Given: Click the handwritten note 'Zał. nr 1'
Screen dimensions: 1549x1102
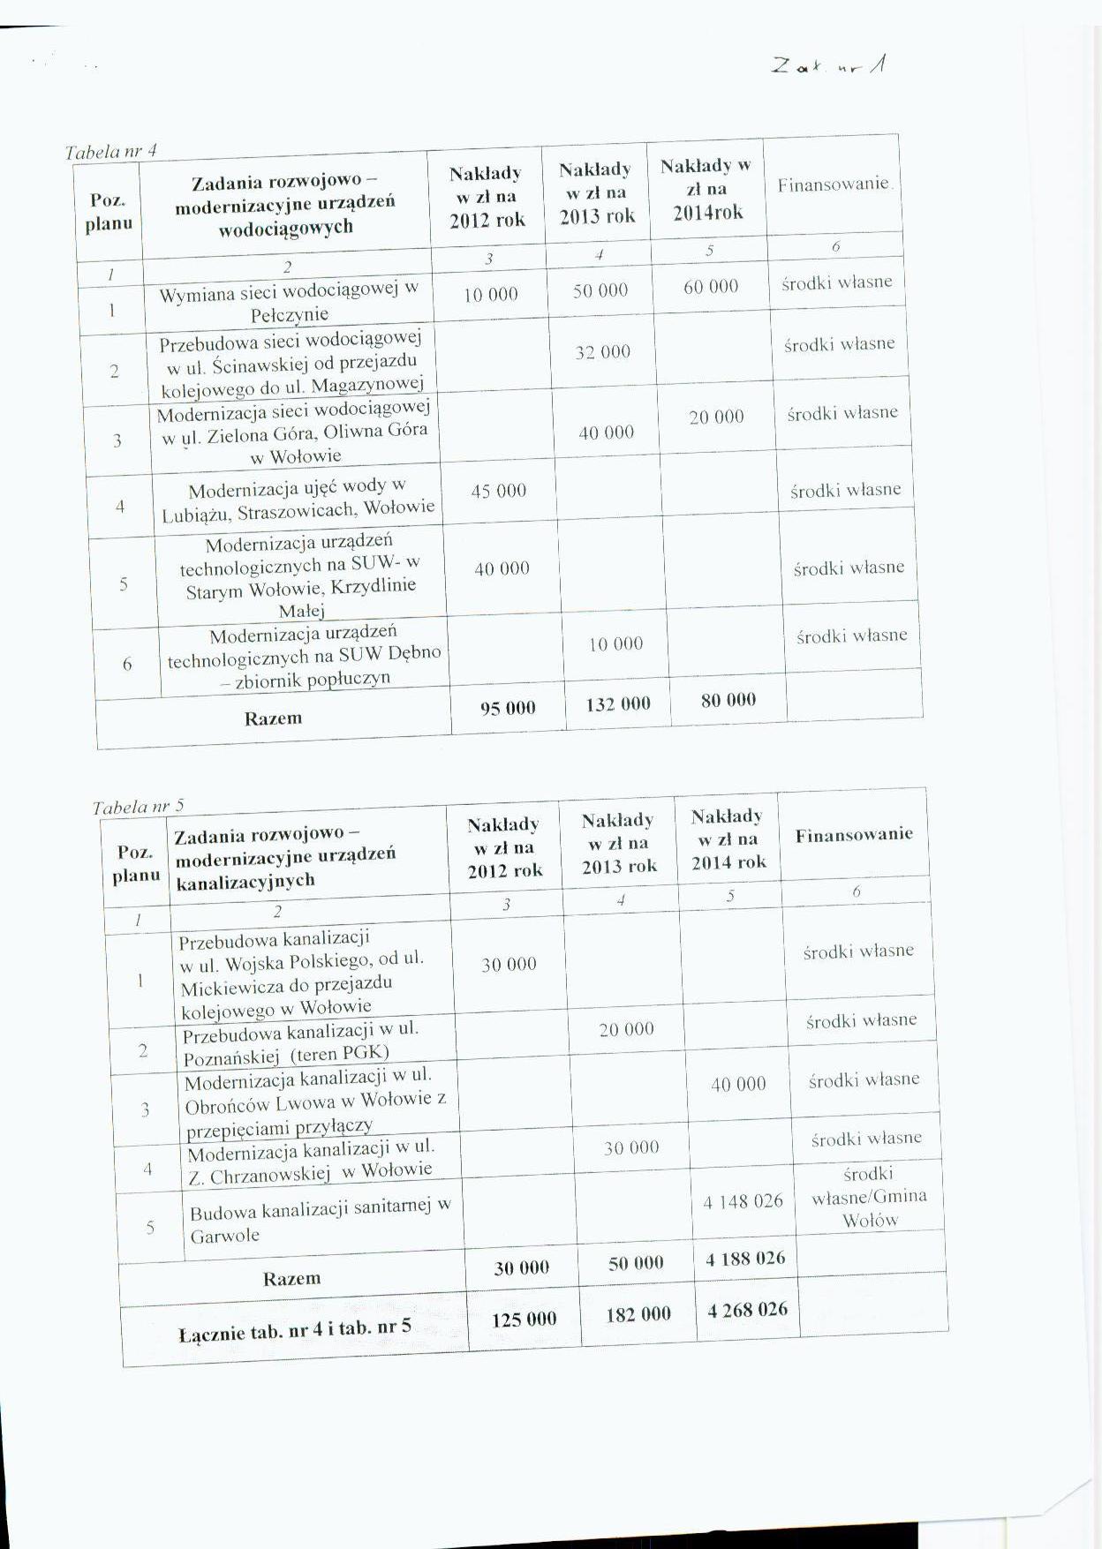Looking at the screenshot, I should [x=830, y=64].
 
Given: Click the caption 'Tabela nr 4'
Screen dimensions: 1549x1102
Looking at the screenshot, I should [x=111, y=151].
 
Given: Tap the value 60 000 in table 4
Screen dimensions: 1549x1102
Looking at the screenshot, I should [x=711, y=287].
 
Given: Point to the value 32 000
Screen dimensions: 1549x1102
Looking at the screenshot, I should [x=603, y=352].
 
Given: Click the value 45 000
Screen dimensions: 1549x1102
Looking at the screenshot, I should [x=499, y=491].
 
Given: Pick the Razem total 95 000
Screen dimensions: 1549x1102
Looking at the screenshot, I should [x=508, y=708].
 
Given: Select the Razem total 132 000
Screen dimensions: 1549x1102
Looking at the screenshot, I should [x=618, y=704].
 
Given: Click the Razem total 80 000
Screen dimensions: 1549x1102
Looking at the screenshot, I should [x=728, y=701].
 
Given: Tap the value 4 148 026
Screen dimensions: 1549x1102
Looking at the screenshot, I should [x=743, y=1201].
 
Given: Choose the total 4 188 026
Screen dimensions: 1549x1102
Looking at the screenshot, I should [x=745, y=1259].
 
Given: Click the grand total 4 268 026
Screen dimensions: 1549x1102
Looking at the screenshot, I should [x=748, y=1310].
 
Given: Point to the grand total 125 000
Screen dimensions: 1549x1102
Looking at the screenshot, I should [x=525, y=1320].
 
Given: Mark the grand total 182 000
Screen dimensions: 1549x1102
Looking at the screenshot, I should [x=638, y=1314].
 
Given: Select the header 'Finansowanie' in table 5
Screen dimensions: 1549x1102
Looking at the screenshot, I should [x=854, y=835].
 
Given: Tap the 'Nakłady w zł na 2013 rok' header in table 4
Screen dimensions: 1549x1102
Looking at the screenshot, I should [x=596, y=192].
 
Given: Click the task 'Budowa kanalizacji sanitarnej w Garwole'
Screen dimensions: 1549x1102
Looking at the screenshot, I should [x=320, y=1223].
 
